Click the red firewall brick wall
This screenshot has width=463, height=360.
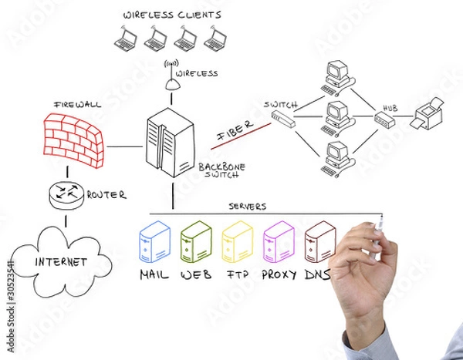(73, 140)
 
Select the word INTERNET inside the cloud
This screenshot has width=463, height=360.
(61, 262)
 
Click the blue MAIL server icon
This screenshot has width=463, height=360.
(154, 242)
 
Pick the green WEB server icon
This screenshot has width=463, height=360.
(196, 242)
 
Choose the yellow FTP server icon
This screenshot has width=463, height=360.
(238, 242)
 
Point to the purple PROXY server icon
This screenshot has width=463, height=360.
(279, 242)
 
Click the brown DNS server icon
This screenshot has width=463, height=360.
(320, 242)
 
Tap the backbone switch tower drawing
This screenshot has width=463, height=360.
(171, 143)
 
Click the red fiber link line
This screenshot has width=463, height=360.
(241, 136)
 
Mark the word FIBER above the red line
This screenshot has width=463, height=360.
(235, 130)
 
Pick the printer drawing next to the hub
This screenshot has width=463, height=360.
(427, 114)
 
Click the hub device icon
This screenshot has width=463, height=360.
(384, 119)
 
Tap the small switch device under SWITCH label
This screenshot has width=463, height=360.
(283, 119)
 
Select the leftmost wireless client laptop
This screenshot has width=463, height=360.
(126, 39)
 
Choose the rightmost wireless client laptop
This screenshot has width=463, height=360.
(215, 39)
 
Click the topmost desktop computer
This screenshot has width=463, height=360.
(338, 78)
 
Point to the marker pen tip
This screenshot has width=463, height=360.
(381, 217)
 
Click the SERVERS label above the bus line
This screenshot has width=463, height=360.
(248, 207)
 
